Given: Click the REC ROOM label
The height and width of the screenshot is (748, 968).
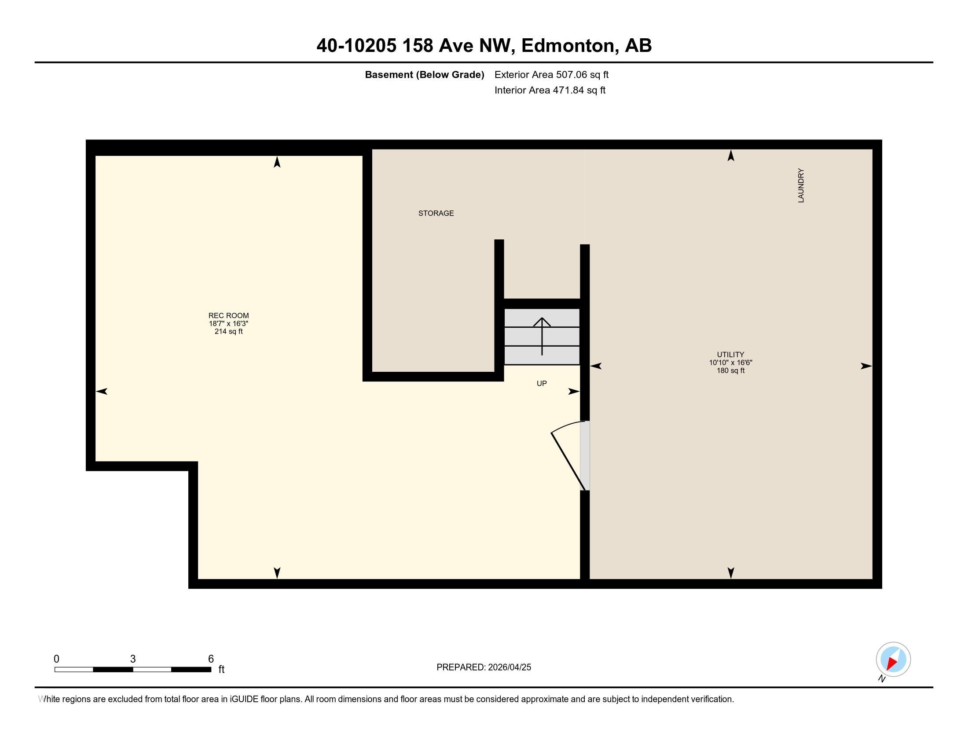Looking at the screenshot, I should pos(228,315).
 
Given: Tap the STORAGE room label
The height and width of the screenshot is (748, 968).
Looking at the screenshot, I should pos(436,213).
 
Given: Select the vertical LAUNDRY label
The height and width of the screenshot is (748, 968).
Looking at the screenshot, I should pos(800,186).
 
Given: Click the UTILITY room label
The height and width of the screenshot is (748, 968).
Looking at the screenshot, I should pos(730,355).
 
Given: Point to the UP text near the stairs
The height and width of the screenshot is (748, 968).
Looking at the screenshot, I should pos(541,383).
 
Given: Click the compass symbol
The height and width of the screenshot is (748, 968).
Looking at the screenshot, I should pos(893,659).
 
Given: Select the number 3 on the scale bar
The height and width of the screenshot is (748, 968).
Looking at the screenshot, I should pos(132,659).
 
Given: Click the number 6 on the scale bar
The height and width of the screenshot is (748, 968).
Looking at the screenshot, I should pos(211,659).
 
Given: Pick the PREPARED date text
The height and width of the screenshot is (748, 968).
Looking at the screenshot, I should pos(483,667).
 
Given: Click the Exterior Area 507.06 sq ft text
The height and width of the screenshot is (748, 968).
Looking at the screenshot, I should pos(551,74).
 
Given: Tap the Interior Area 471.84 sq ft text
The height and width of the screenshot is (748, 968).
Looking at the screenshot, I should pos(550,90).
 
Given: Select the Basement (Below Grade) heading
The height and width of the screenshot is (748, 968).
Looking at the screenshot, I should pos(424,74).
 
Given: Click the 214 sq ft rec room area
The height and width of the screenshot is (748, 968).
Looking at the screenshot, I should pos(228,331).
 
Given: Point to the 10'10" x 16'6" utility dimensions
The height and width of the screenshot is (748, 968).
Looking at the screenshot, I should pos(730,363).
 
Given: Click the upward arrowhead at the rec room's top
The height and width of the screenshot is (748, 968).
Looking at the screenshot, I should pos(277,162).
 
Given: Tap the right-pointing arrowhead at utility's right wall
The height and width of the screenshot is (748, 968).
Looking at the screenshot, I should pos(865,366).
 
